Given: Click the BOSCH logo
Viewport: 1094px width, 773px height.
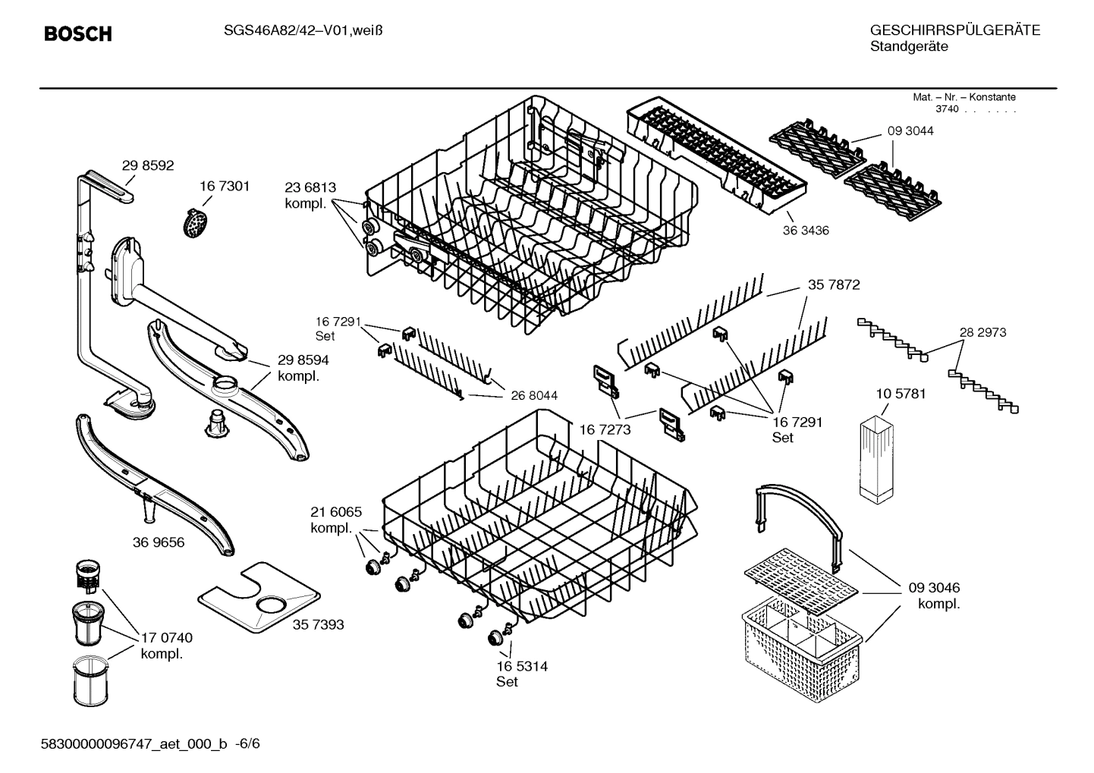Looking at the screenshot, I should (78, 33).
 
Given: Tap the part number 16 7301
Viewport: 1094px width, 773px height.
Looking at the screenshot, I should (224, 186).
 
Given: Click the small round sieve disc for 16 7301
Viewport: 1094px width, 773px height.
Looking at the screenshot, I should (196, 222).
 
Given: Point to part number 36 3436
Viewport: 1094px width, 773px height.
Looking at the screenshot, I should (806, 231).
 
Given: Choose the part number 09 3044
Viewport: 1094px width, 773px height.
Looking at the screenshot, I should (910, 130).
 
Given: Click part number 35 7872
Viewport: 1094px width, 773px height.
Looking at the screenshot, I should (834, 284).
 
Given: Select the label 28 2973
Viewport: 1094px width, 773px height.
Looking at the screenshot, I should (982, 332).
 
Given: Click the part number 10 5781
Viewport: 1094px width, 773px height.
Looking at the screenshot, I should (900, 394).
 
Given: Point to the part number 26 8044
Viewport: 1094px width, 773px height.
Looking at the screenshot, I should (534, 395).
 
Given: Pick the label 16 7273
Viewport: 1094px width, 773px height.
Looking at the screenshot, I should (605, 430).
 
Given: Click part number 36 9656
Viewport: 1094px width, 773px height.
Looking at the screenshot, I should (158, 542).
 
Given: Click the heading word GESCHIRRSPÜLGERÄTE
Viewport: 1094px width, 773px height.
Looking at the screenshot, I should (954, 30).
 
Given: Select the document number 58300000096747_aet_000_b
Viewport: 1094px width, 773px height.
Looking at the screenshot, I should (134, 744).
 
